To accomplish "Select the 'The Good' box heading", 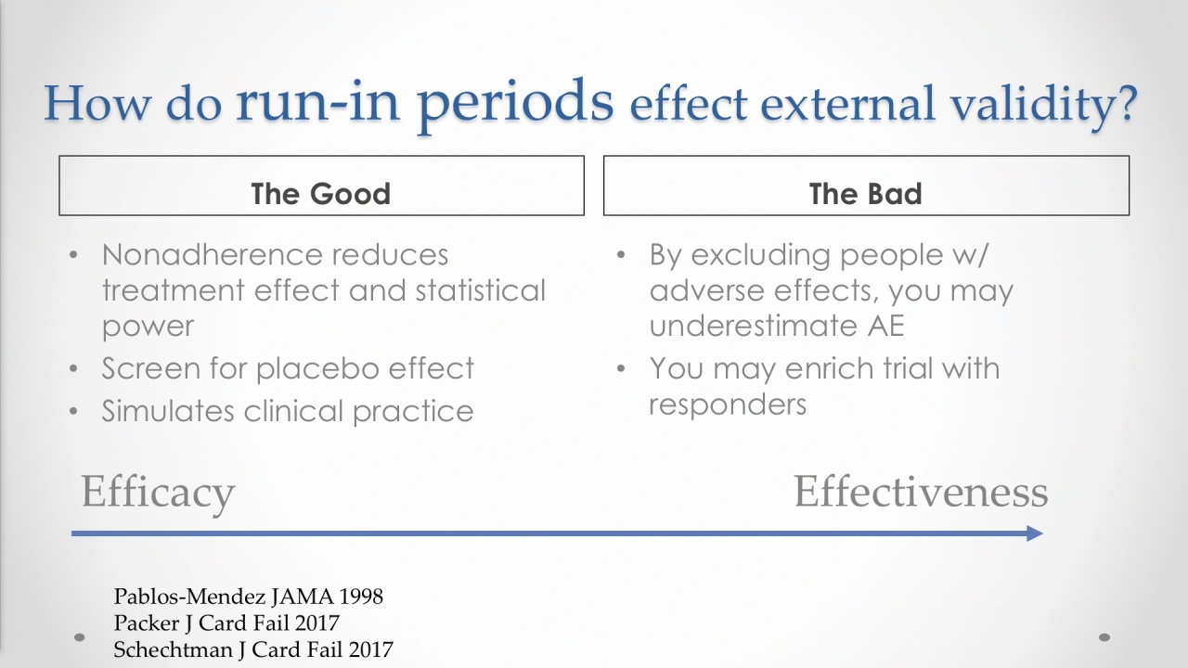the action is (x=321, y=194).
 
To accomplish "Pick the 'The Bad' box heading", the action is (x=866, y=194).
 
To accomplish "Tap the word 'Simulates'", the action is (x=168, y=411).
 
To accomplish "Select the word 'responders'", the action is (x=728, y=405).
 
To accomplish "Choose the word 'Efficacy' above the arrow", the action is (x=158, y=492).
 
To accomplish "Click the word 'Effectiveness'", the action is (x=921, y=492).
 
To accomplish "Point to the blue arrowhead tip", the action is (x=1042, y=533).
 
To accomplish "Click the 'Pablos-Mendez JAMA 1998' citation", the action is (x=248, y=597).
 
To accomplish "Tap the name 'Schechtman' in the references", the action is (x=173, y=649).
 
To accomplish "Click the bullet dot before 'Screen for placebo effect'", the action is (x=73, y=368).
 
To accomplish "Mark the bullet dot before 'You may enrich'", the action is (x=621, y=368).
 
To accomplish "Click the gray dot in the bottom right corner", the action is (x=1104, y=637).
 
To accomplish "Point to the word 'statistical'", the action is (x=481, y=290).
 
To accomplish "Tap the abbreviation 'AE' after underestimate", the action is (x=885, y=325).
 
